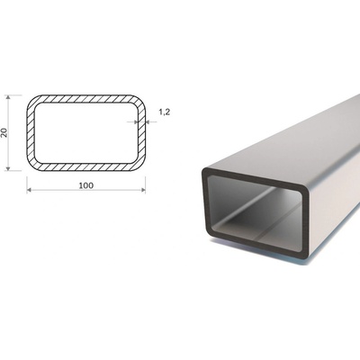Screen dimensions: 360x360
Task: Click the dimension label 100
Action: [x=86, y=185]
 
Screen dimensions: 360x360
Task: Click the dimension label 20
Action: [x=4, y=132]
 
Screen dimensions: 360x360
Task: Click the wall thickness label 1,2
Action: [x=164, y=112]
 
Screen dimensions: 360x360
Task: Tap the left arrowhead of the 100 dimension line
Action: [x=29, y=190]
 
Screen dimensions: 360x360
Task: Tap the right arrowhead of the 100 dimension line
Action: [x=143, y=190]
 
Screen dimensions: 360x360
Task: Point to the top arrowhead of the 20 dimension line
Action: [x=8, y=97]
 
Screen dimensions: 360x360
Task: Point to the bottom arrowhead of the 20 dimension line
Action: [x=8, y=168]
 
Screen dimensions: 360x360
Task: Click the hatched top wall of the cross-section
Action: [x=86, y=99]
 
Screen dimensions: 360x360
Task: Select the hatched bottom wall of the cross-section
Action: [x=86, y=167]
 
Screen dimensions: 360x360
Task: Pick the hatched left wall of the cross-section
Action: [x=31, y=133]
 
